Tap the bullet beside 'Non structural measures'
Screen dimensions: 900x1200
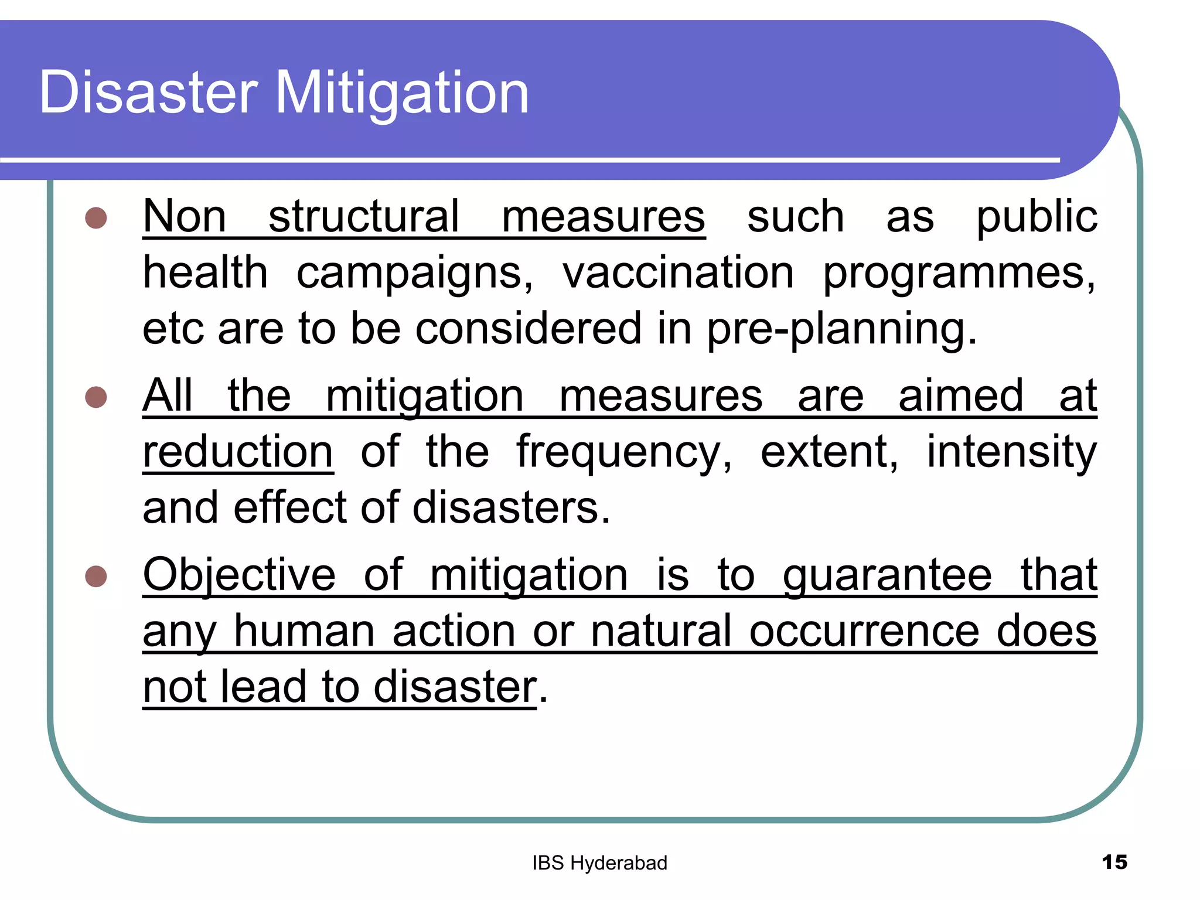point(96,218)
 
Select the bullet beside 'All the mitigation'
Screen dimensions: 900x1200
point(96,397)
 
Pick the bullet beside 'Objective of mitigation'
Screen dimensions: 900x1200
point(96,576)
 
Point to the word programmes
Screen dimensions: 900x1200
point(959,274)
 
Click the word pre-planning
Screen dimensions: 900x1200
point(842,329)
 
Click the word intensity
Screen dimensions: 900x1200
point(1011,452)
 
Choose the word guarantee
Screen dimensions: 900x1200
point(887,576)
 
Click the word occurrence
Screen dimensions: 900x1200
point(864,631)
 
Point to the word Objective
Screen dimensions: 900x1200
point(239,576)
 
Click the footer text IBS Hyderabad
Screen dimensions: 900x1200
point(599,863)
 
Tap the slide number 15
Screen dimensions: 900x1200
point(1114,862)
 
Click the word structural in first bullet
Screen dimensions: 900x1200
point(364,216)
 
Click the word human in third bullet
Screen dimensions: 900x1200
point(304,631)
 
